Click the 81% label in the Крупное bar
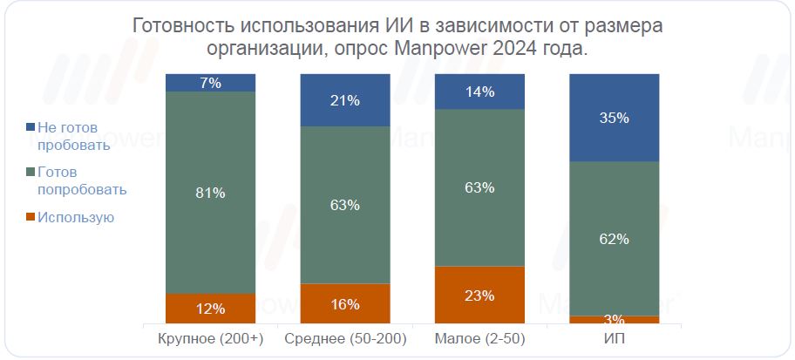210,193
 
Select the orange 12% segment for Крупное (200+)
210,308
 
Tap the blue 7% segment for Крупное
210,83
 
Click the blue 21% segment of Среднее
345,100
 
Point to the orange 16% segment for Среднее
345,304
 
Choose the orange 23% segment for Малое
479,295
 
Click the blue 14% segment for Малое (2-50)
479,92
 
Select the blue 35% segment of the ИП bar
615,118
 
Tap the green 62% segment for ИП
615,238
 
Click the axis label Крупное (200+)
210,338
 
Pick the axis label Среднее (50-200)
345,338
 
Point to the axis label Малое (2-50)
479,338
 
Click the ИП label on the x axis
615,338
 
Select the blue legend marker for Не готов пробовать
32,127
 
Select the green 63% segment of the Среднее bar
345,205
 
